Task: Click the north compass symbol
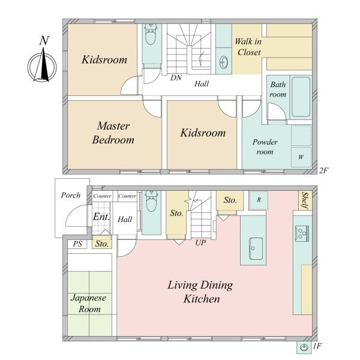point(43,65)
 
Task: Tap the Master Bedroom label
point(113,133)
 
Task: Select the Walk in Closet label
point(248,47)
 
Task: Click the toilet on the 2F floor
point(151,35)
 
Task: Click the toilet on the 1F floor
point(151,201)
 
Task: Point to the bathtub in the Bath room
point(301,97)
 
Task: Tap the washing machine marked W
point(301,157)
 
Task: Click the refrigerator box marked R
point(259,200)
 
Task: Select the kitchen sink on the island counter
point(256,248)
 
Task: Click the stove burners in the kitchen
point(302,233)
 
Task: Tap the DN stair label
point(176,78)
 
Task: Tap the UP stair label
point(200,242)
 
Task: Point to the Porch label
point(71,196)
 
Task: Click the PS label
point(77,244)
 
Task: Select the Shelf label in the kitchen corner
point(305,201)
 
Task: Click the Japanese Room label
point(89,304)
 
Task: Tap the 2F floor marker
point(323,170)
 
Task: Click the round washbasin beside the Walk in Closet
point(223,62)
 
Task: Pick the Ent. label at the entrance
point(101,217)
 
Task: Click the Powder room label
point(265,147)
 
